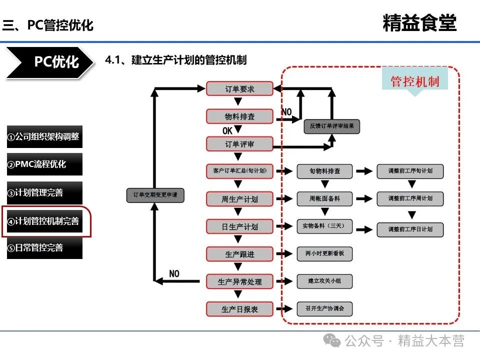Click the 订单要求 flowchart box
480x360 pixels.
tap(239, 89)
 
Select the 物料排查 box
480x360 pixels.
tap(239, 116)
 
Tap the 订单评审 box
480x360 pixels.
tap(239, 144)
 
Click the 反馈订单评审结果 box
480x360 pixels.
tap(332, 126)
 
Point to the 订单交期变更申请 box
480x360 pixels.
tap(155, 195)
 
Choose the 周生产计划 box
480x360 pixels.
tap(239, 199)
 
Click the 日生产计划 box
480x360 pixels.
tap(239, 226)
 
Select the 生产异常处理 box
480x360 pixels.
tap(239, 281)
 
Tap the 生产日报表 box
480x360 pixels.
tap(239, 309)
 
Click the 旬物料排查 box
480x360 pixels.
tap(324, 171)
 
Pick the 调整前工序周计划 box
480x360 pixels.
tap(410, 198)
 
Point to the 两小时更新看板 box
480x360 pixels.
tap(324, 253)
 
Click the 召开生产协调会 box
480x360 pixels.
tap(324, 308)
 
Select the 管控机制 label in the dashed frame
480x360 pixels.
tap(414, 81)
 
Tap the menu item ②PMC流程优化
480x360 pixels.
tap(44, 164)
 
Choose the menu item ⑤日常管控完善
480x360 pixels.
tap(44, 247)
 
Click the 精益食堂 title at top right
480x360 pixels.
tap(419, 23)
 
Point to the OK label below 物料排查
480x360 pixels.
tap(228, 131)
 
